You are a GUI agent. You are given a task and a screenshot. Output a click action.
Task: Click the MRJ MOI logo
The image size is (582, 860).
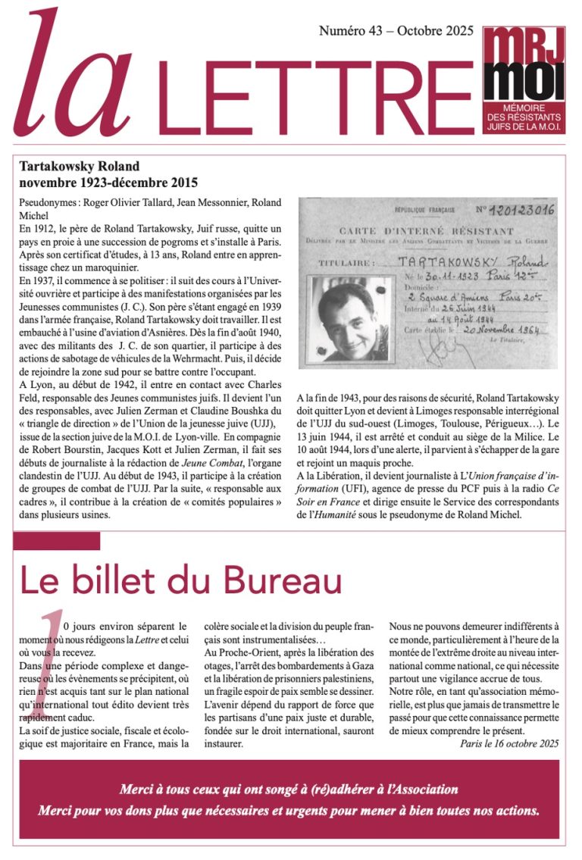(x=524, y=76)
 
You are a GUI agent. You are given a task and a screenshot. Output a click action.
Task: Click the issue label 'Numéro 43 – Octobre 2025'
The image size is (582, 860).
(x=396, y=31)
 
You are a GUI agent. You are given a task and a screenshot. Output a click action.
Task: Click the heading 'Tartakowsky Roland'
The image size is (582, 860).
(x=79, y=167)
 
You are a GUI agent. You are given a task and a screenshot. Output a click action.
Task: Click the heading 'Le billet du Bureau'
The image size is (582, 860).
(x=180, y=581)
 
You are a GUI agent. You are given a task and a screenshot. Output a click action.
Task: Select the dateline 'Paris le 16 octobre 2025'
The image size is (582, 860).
(x=509, y=743)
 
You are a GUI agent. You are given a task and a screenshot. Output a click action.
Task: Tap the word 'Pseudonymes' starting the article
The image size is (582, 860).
(x=48, y=202)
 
